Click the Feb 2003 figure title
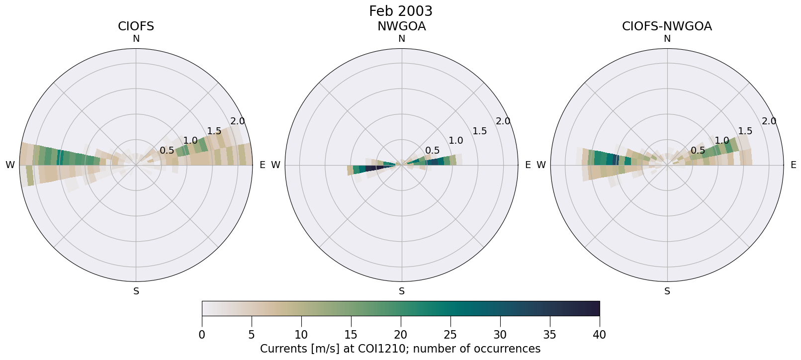coord(401,11)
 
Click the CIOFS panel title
coord(136,26)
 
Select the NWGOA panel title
coord(401,26)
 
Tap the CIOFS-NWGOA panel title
coord(667,26)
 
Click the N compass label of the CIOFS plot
coord(136,39)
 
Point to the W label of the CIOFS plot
coord(10,165)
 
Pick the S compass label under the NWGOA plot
coord(402,291)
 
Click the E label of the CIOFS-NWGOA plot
coord(794,165)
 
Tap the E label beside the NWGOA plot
coord(528,165)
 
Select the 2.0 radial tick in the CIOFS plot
coord(238,121)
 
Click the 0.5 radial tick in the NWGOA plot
coord(433,150)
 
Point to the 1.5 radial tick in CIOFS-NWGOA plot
coord(745,131)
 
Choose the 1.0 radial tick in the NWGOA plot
coord(456,141)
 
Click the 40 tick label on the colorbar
coord(599,335)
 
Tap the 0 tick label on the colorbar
coord(202,335)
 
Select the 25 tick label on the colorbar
coord(450,335)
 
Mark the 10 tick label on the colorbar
coord(301,335)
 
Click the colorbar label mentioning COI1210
coord(400,349)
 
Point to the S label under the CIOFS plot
coord(136,291)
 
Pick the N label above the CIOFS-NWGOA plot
coord(667,39)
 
